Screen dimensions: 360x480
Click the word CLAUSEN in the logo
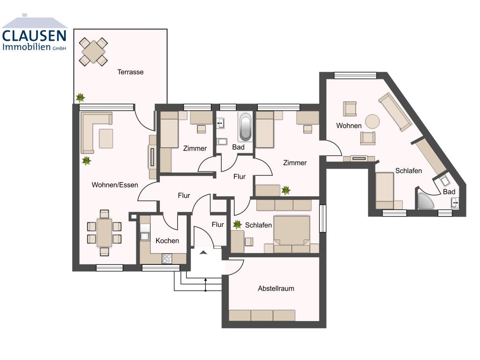click(34, 36)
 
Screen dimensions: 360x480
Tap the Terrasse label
click(130, 72)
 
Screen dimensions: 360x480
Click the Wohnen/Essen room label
click(115, 185)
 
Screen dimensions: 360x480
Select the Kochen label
click(167, 240)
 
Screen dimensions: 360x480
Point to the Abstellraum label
click(276, 288)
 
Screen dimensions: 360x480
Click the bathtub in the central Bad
click(245, 127)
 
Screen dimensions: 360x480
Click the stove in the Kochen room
click(167, 258)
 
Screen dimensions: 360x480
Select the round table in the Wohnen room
click(373, 121)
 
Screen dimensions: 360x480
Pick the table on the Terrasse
click(93, 52)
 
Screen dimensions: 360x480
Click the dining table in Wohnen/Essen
click(104, 232)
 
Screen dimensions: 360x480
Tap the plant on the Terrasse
click(81, 97)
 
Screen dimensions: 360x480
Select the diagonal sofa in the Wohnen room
click(395, 112)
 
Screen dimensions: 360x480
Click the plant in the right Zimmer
click(285, 190)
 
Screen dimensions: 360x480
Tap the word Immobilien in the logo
click(27, 47)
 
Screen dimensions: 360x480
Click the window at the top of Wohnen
click(355, 75)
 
